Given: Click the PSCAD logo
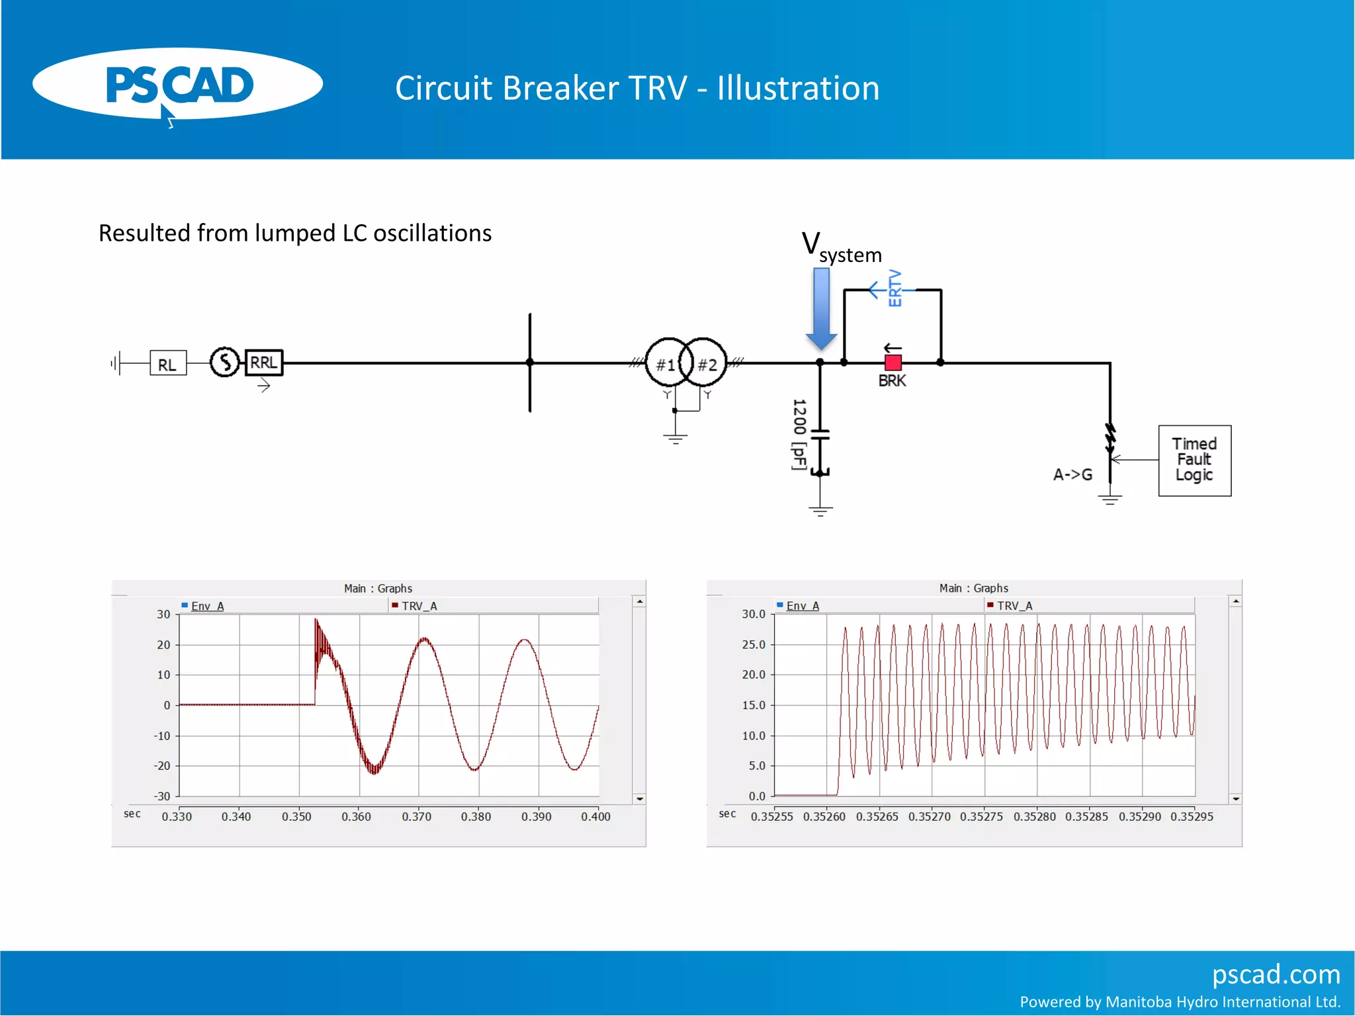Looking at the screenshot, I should tap(177, 85).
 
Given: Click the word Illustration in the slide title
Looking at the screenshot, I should tap(798, 88).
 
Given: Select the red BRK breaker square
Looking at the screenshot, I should tap(893, 362).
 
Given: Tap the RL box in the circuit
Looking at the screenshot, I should tap(167, 364).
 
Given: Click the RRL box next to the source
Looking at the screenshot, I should tap(263, 362).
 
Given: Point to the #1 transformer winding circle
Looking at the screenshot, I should tap(666, 363).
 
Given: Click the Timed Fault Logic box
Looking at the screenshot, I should tap(1194, 460).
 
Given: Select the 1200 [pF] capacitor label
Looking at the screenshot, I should tap(799, 435).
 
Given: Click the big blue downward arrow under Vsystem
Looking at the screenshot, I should tap(821, 308).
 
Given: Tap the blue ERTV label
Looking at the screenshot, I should tap(895, 288).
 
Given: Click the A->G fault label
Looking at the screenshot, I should tap(1072, 474).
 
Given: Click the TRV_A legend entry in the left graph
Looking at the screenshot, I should tap(419, 606).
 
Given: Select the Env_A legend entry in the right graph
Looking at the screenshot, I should tap(802, 606).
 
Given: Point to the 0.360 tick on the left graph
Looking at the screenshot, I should tap(356, 817).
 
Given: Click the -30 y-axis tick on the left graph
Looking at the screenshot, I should tap(162, 796).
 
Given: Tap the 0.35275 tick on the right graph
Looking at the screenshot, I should tap(981, 817).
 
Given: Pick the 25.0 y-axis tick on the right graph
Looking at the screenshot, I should tap(753, 644).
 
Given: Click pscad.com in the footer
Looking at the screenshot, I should tap(1276, 974).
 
